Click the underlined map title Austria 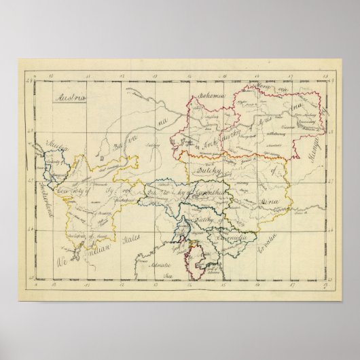[70, 97]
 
